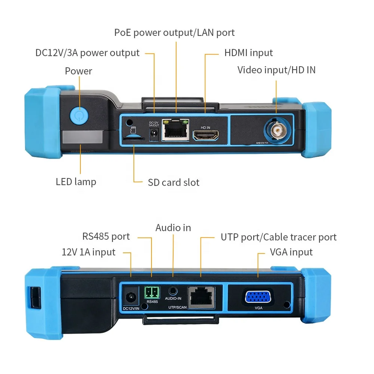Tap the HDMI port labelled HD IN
[206, 136]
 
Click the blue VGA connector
[259, 297]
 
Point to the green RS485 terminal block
[151, 292]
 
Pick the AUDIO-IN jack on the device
[173, 290]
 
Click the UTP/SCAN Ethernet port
[201, 297]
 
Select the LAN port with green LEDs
[175, 130]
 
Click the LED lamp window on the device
[82, 137]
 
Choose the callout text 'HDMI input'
[248, 53]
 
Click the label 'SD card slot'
[174, 183]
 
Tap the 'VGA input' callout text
[291, 252]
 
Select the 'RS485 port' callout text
[106, 236]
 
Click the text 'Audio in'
[173, 228]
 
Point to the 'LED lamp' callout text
[76, 182]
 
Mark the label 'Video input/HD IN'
[276, 70]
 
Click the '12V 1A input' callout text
[89, 252]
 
